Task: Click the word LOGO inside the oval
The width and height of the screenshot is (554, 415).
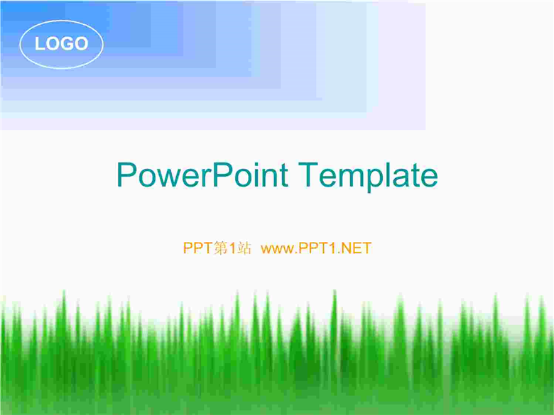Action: tap(62, 44)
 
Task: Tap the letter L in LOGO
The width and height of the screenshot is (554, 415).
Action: tap(39, 44)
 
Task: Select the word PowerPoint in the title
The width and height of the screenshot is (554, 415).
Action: tap(202, 175)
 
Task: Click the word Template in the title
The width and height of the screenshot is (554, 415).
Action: tap(368, 177)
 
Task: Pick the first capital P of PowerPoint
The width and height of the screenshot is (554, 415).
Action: tap(126, 175)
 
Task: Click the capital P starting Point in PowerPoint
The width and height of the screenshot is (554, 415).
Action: tap(222, 175)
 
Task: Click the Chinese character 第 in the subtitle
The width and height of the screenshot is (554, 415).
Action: tap(221, 248)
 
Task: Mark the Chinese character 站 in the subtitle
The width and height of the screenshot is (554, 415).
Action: tap(244, 248)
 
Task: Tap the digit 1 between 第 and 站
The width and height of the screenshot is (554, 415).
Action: tap(232, 248)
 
